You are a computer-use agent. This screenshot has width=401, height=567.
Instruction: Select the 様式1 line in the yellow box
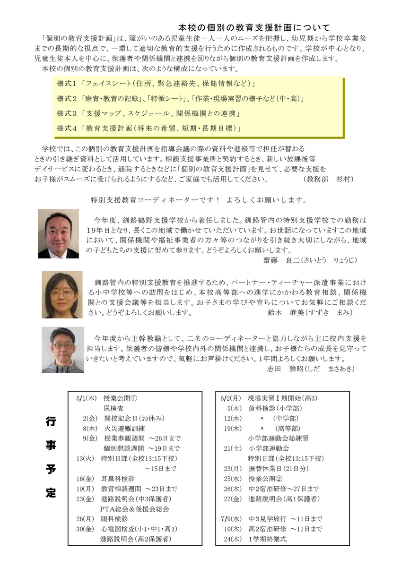(156, 84)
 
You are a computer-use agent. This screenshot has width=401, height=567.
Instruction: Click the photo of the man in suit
(58, 233)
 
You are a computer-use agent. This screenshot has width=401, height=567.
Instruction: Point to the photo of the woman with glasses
(61, 294)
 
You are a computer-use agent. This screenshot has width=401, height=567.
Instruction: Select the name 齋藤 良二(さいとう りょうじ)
(310, 260)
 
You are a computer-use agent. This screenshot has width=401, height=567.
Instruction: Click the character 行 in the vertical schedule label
(51, 422)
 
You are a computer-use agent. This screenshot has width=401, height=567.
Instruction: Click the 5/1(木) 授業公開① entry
(107, 397)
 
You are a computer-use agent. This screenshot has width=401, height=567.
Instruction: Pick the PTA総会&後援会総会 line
(135, 509)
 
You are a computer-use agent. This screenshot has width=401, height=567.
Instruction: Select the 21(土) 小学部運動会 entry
(263, 448)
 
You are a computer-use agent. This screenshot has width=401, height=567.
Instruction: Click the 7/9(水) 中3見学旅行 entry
(271, 519)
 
